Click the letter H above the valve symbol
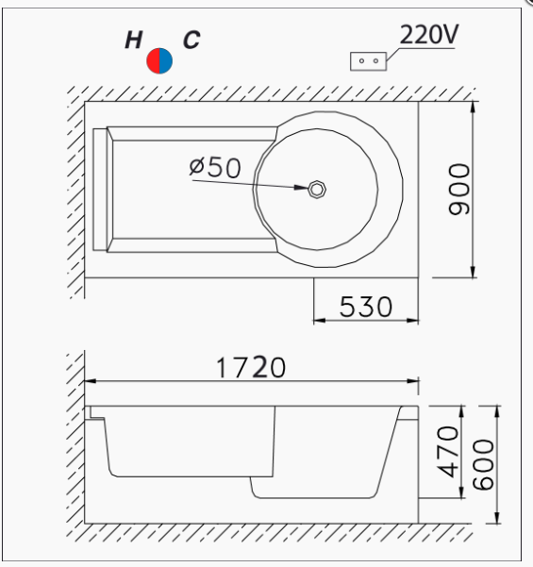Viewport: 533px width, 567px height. pos(133,40)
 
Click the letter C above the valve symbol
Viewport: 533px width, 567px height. pos(192,40)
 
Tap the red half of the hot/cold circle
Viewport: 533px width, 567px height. pos(153,60)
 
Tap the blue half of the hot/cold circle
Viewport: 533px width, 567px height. pos(166,60)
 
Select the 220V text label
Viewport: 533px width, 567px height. pos(429,35)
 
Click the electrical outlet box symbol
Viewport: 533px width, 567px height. pos(369,61)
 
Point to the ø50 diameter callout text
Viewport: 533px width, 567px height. pos(215,168)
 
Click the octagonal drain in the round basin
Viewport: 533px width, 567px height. pos(317,190)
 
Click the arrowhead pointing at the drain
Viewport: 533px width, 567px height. pos(301,188)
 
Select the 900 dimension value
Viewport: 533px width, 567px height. pos(459,190)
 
